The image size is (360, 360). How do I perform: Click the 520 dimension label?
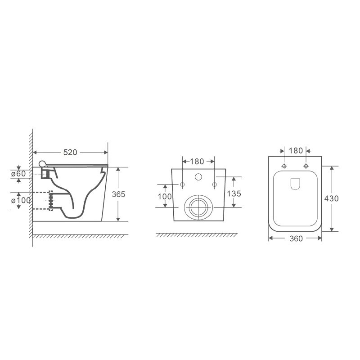[70, 152]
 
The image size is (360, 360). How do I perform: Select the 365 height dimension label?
[118, 194]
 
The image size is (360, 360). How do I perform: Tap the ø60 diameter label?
[18, 174]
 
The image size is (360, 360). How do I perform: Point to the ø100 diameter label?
[21, 200]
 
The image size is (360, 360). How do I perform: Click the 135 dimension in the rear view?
[234, 193]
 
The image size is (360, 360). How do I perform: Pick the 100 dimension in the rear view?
[165, 197]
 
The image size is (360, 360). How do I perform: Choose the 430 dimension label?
[331, 198]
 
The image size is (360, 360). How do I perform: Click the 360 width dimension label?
[296, 238]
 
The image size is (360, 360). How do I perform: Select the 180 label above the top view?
[296, 151]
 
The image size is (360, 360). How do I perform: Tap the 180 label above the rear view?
[197, 162]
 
